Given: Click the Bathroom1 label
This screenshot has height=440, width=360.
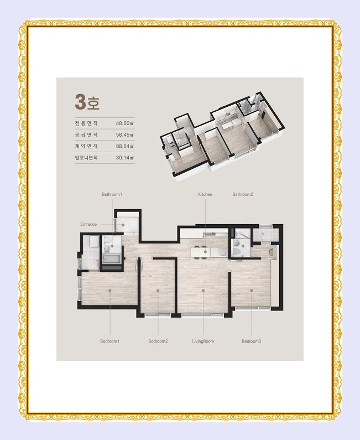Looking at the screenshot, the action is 112,194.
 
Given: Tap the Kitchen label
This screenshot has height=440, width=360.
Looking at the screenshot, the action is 205,194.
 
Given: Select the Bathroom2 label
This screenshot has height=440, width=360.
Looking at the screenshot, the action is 243,194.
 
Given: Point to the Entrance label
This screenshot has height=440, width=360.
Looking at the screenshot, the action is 88,224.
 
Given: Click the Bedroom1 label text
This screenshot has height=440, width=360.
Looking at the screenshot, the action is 110,341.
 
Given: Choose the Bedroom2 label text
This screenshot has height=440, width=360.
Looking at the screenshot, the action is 158,341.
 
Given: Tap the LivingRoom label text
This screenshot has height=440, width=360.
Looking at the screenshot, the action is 203,341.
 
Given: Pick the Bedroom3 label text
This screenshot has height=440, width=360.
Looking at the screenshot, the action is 252,341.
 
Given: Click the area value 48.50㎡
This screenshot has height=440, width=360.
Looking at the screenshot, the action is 125,123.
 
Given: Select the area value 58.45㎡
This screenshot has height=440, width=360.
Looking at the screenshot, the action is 125,134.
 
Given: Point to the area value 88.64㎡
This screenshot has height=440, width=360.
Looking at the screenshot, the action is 125,146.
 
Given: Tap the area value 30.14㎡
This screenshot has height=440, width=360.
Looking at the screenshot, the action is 125,158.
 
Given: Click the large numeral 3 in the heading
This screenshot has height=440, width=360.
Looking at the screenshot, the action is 80,102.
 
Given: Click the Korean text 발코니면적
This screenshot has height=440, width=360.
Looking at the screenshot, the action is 86,158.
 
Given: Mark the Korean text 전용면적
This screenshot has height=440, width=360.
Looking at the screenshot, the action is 86,123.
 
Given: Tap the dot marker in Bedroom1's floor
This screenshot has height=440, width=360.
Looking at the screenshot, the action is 110,291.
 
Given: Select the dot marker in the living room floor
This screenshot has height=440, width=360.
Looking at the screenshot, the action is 204,291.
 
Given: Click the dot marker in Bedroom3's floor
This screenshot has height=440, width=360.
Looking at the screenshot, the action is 252,291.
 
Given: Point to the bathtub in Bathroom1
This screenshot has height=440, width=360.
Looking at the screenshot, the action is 112,259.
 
